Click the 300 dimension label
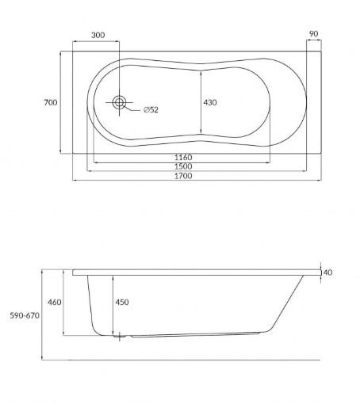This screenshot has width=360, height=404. point(98,36)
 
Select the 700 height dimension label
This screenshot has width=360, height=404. point(50,103)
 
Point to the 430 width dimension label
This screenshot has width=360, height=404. point(211,103)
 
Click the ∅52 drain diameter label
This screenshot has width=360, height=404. point(151,109)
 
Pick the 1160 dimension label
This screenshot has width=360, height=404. point(183,158)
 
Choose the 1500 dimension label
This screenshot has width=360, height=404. point(183,166)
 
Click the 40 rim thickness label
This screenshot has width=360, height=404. point(327,273)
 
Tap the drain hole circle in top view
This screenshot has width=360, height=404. point(120,102)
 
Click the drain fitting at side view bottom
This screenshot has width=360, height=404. point(120,337)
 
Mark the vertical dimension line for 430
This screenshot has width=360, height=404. point(201,103)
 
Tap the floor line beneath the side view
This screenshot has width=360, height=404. point(190,360)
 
